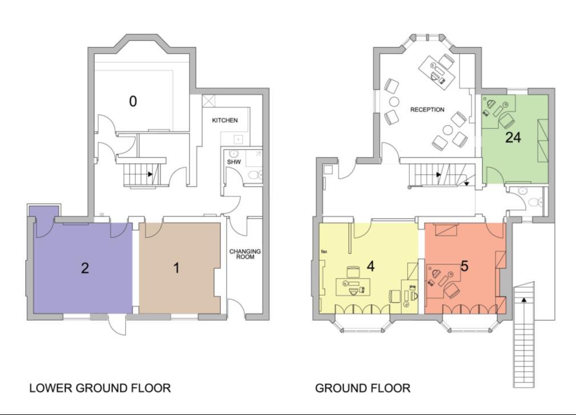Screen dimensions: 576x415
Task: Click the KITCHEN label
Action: [x=225, y=120]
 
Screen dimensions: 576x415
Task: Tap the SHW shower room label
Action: [x=234, y=162]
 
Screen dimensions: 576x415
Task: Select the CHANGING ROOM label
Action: [x=245, y=254]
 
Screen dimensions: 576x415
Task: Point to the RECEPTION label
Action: [x=427, y=110]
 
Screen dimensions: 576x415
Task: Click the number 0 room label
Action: [x=133, y=101]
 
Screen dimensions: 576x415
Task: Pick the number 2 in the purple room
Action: [x=85, y=268]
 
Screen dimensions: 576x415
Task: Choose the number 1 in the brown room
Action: [x=176, y=268]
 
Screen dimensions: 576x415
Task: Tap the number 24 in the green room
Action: [x=513, y=138]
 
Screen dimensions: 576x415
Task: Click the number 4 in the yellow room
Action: [x=370, y=266]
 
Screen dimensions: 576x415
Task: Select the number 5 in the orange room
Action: [x=464, y=266]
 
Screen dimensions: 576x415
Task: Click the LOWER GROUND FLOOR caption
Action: [x=100, y=388]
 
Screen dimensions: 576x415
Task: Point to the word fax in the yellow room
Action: [x=324, y=252]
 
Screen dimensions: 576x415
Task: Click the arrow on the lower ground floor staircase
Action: [x=150, y=174]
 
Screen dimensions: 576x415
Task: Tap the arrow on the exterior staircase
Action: [x=524, y=300]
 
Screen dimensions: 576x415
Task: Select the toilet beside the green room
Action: [x=538, y=202]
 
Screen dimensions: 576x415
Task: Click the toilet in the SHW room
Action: [x=255, y=175]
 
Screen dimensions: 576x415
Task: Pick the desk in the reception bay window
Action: [x=437, y=72]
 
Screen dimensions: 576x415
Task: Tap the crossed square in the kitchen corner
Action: [x=209, y=100]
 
